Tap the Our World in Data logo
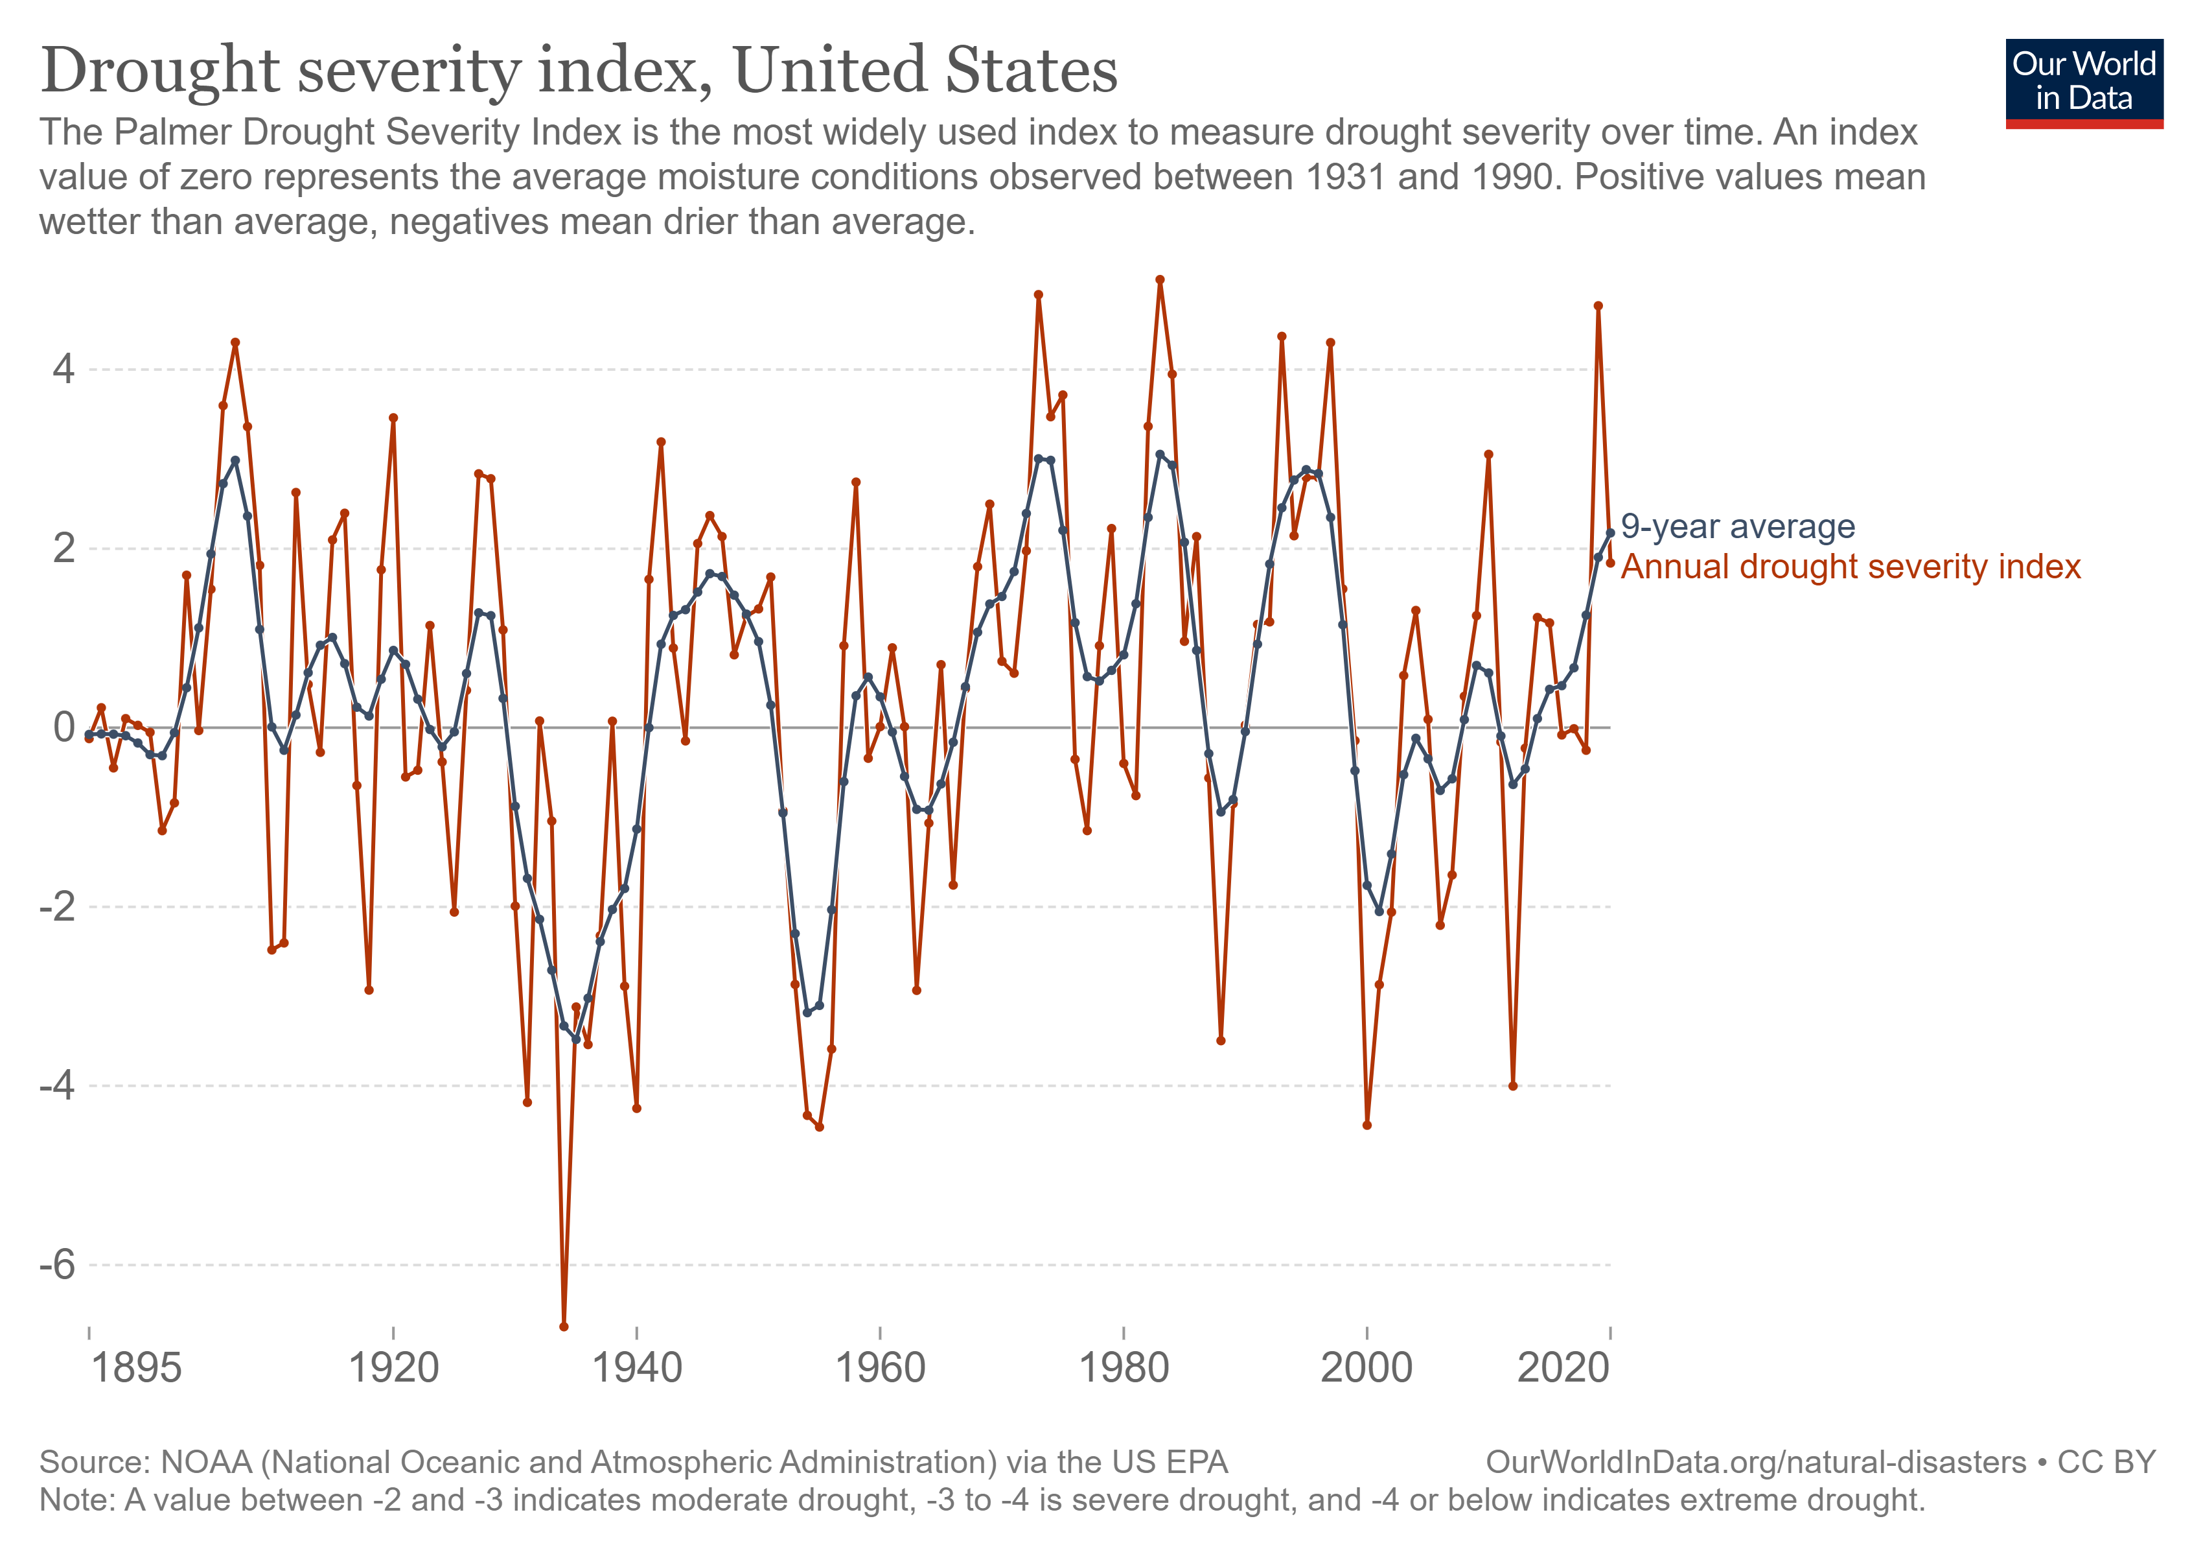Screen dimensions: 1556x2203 (2083, 82)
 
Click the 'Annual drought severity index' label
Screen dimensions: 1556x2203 (1850, 567)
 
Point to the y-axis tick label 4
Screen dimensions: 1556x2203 (63, 370)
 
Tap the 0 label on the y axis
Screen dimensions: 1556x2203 (63, 727)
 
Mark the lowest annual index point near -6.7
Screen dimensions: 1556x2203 (564, 1326)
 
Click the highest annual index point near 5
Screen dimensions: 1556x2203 (1160, 279)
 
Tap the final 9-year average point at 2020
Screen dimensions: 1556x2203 (1611, 533)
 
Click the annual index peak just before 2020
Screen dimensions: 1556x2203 (1598, 306)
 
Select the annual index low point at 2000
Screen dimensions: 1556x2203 (1367, 1125)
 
